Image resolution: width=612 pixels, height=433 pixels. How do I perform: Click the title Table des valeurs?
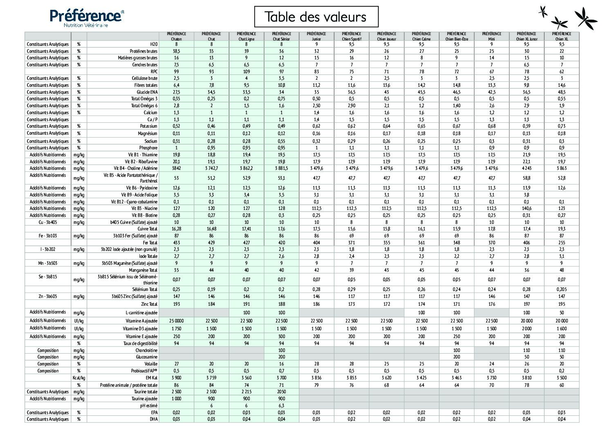[x=316, y=17]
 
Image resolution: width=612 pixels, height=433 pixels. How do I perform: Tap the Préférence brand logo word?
[x=85, y=16]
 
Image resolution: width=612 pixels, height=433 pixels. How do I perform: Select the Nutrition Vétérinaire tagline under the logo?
[x=85, y=25]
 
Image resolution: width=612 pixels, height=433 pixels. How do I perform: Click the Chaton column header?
[x=176, y=36]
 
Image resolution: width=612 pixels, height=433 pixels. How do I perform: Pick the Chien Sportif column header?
[x=351, y=36]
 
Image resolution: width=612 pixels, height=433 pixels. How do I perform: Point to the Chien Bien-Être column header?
[x=456, y=36]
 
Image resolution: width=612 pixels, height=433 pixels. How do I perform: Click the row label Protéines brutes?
[x=143, y=51]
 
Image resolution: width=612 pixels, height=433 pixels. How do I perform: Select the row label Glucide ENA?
[x=147, y=92]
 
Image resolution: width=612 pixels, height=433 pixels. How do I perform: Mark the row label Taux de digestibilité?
[x=140, y=343]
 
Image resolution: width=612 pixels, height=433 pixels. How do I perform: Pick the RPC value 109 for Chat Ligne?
[x=247, y=72]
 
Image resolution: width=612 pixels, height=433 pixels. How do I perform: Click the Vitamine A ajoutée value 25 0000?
[x=176, y=321]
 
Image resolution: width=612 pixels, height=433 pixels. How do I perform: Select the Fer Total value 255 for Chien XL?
[x=561, y=243]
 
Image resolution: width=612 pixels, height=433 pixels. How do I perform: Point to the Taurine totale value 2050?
[x=281, y=392]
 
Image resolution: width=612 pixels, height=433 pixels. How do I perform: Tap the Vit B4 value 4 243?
[x=526, y=168]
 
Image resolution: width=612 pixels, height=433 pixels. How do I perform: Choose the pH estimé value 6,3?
[x=281, y=406]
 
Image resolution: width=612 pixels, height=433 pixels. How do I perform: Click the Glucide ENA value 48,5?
[x=561, y=92]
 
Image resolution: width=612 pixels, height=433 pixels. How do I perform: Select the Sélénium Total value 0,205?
[x=561, y=289]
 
